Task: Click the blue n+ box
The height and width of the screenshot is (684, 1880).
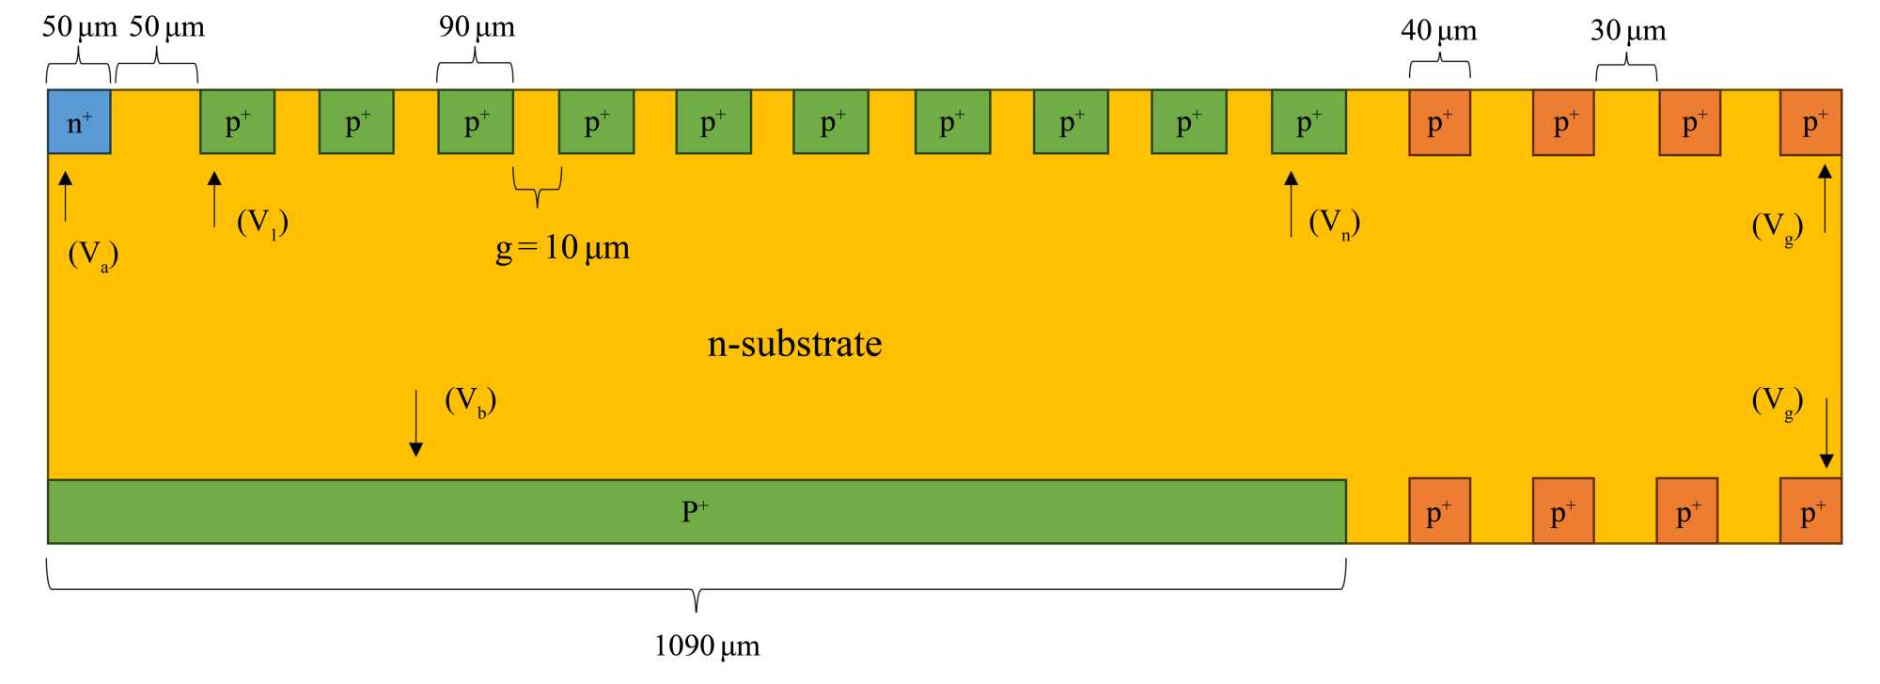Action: point(79,122)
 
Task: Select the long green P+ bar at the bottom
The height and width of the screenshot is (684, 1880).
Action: point(697,511)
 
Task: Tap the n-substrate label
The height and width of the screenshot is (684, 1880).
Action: point(794,344)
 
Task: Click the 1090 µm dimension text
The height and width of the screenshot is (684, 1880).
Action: point(707,646)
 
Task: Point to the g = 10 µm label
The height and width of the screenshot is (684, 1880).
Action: point(562,248)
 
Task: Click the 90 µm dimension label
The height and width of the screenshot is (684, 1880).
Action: point(477,27)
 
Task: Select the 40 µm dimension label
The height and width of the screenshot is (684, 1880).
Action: point(1439,31)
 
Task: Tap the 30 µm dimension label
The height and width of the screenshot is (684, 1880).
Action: point(1628,31)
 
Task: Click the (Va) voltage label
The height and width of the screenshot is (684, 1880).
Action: point(93,255)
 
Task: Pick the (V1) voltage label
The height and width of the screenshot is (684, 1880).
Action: point(262,223)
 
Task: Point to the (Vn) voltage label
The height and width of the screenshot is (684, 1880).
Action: point(1334,223)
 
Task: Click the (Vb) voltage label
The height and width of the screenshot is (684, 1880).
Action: point(470,401)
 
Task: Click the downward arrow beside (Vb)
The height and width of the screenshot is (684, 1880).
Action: point(415,424)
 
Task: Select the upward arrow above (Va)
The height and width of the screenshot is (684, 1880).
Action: point(65,195)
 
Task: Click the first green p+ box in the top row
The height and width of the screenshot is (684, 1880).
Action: point(238,122)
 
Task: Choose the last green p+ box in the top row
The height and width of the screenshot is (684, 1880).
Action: point(1308,122)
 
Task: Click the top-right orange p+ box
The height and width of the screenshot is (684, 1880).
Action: point(1810,122)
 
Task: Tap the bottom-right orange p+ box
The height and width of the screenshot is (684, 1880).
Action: point(1810,511)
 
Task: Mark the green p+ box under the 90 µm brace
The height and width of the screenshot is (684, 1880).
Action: point(476,122)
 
